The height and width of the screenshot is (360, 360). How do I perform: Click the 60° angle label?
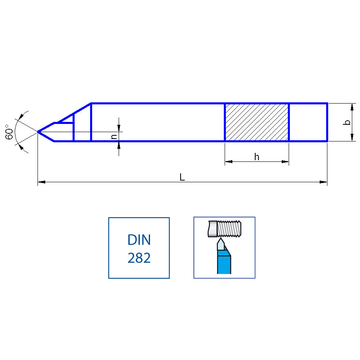(x=9, y=132)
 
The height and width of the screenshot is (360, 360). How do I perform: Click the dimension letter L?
(x=182, y=177)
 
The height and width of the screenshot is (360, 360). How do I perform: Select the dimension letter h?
(x=256, y=157)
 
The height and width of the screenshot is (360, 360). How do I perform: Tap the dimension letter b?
(x=347, y=122)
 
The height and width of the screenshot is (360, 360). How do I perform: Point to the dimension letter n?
(x=114, y=137)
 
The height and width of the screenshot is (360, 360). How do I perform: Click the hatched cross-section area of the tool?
(x=256, y=122)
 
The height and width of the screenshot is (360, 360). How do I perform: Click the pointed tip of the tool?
(x=38, y=132)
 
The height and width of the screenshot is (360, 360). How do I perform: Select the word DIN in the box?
(x=139, y=240)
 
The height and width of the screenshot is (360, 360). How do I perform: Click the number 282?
(x=139, y=258)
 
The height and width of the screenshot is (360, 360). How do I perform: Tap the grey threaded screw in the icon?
(x=230, y=229)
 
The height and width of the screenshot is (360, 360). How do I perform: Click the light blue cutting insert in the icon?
(x=221, y=244)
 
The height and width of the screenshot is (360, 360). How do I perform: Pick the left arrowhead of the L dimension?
(x=41, y=182)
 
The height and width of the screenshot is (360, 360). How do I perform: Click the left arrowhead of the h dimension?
(x=228, y=162)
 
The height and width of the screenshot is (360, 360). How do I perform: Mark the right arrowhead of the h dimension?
(x=285, y=162)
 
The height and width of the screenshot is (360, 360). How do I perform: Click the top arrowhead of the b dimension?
(x=352, y=107)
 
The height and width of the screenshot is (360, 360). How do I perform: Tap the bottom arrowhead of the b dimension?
(x=352, y=138)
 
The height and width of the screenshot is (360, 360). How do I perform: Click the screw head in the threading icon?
(x=212, y=229)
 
